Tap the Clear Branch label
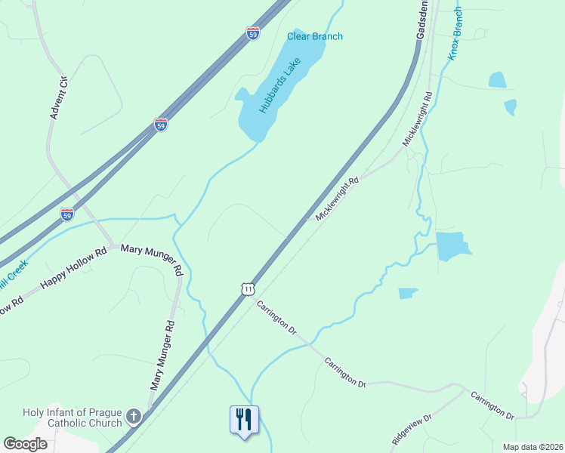(x=314, y=36)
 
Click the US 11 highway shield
(x=248, y=288)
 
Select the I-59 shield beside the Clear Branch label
(x=253, y=33)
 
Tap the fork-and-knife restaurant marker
(x=244, y=419)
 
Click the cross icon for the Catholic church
(x=133, y=417)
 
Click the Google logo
(x=25, y=443)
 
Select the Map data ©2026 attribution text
(x=533, y=447)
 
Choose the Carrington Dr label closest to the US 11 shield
(x=276, y=317)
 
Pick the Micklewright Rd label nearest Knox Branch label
(x=417, y=119)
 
